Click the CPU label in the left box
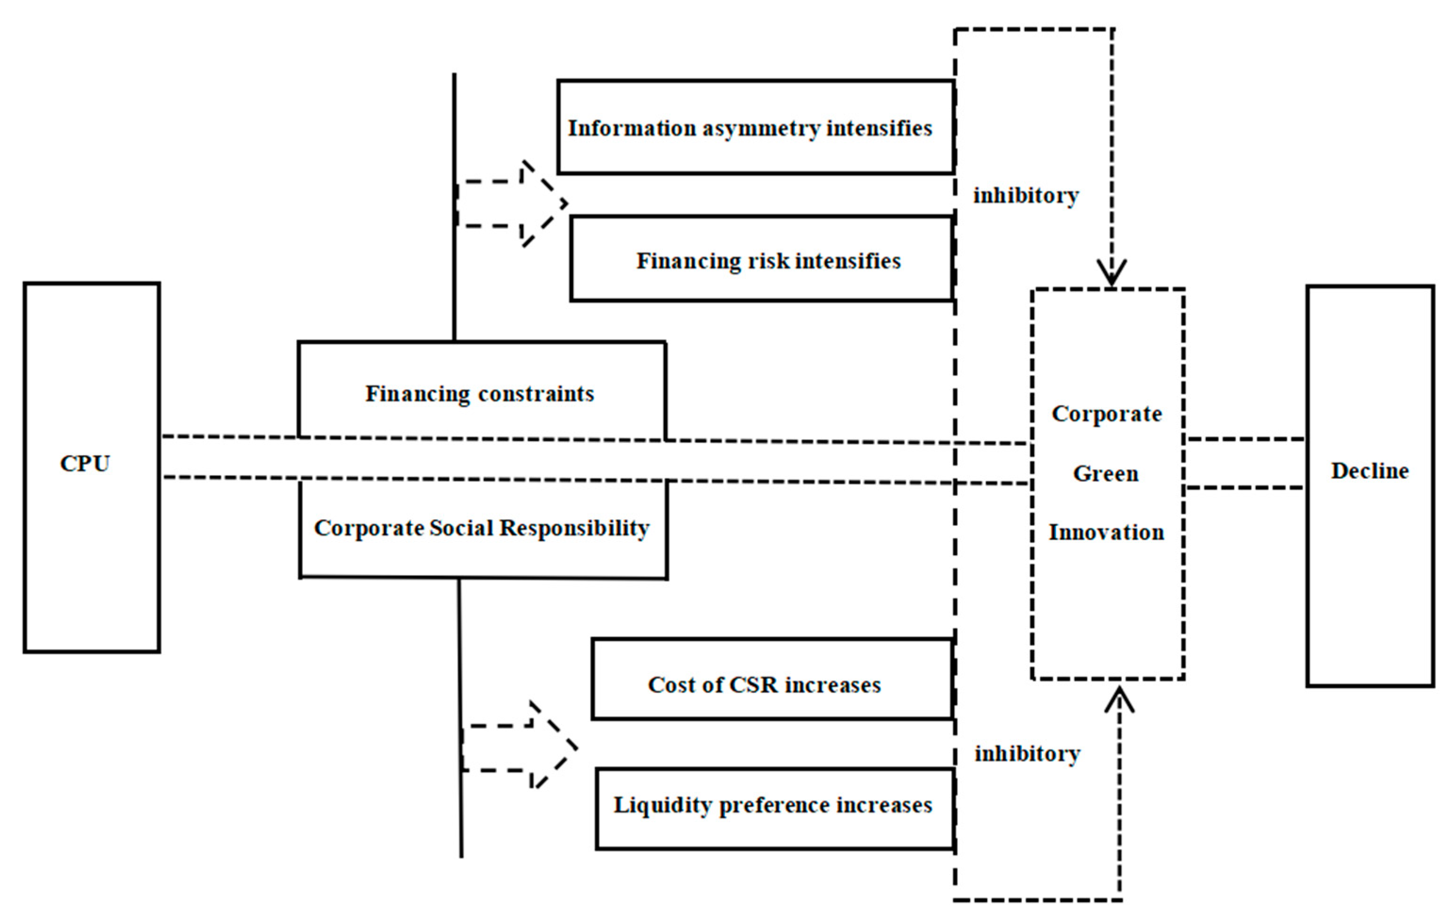85,464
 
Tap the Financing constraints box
480,394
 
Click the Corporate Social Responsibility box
482,528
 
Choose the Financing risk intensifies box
768,261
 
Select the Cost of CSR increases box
764,684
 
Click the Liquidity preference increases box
773,805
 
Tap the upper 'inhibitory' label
1026,196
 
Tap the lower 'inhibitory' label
1027,753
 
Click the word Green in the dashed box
1106,473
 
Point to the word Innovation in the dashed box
1106,532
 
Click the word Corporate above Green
1106,414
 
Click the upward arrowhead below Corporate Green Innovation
1119,701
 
